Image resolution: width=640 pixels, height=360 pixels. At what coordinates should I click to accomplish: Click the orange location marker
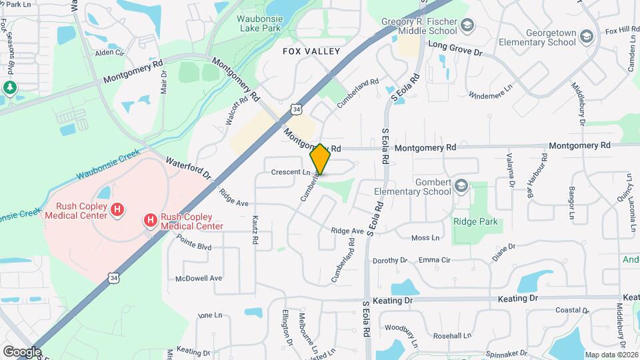(320, 159)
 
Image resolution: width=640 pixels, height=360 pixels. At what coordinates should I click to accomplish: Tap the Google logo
(22, 351)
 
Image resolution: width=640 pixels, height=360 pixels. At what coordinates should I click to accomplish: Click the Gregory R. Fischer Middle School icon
(468, 26)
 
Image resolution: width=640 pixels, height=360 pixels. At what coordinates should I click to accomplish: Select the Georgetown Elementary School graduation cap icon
(586, 36)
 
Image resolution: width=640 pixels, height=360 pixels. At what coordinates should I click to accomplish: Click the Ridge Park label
(476, 221)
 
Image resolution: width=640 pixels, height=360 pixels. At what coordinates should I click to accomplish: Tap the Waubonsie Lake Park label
(269, 24)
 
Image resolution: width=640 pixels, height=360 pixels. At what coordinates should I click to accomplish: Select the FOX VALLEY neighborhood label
(311, 51)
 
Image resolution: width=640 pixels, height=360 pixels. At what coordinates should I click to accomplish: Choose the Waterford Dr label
(189, 168)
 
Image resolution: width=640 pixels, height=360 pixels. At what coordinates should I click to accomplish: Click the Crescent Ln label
(291, 172)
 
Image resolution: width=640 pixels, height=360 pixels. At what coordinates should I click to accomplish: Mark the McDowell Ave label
(198, 278)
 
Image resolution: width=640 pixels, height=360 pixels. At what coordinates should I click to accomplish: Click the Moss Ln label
(425, 237)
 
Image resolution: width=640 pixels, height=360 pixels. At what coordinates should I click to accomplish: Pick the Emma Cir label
(435, 260)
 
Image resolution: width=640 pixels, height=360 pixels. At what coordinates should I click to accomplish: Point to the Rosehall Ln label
(452, 336)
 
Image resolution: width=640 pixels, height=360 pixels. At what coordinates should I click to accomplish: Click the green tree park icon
(9, 87)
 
